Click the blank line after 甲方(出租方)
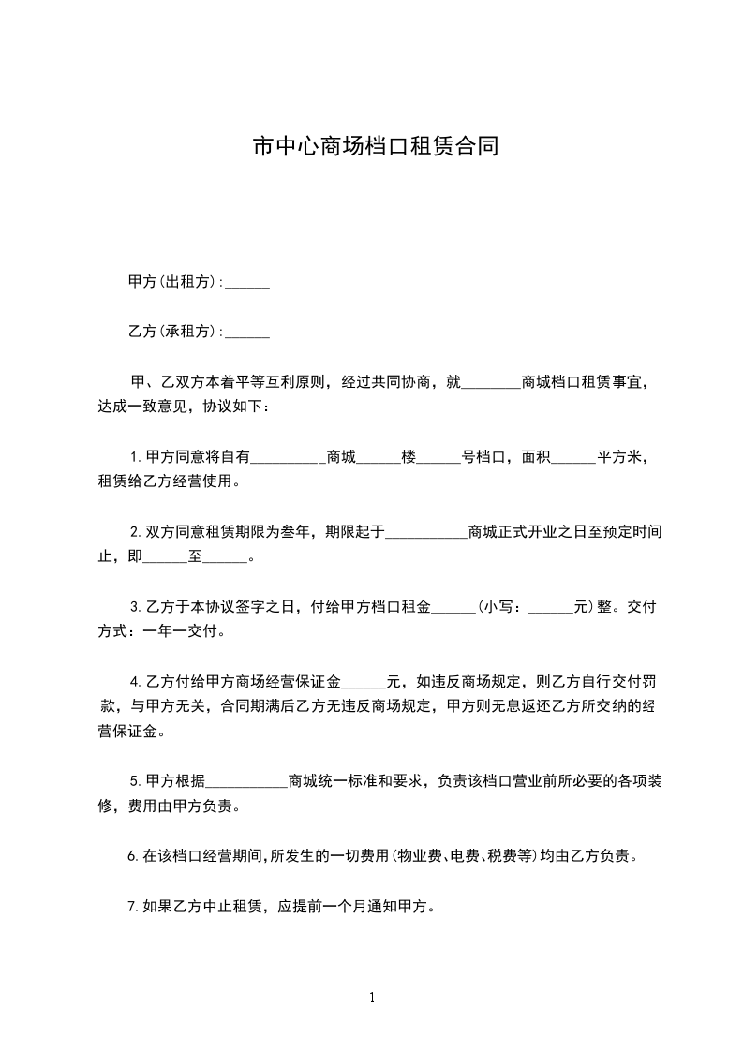click(248, 282)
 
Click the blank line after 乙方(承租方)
click(248, 332)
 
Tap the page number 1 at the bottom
click(372, 998)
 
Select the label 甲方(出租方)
click(173, 282)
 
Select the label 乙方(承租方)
click(173, 332)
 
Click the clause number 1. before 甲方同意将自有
click(136, 458)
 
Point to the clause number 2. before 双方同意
click(136, 532)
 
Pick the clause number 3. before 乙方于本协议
click(136, 607)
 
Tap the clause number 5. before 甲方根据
click(136, 780)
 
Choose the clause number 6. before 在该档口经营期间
click(132, 855)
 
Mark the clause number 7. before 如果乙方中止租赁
click(132, 907)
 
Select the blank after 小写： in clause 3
click(551, 607)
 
